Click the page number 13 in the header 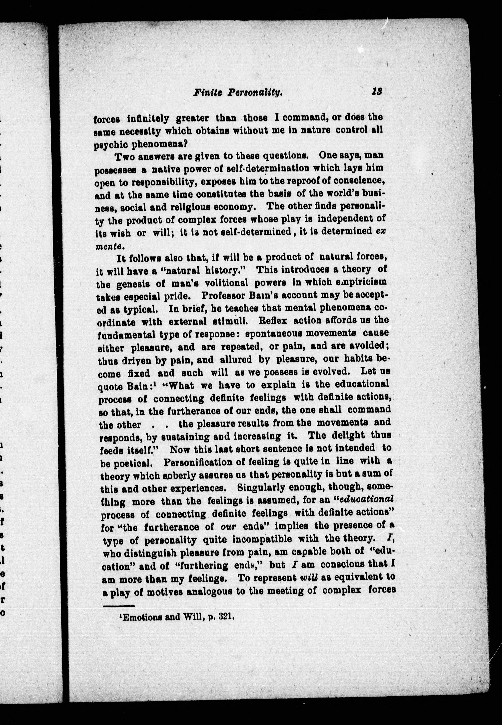click(376, 92)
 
